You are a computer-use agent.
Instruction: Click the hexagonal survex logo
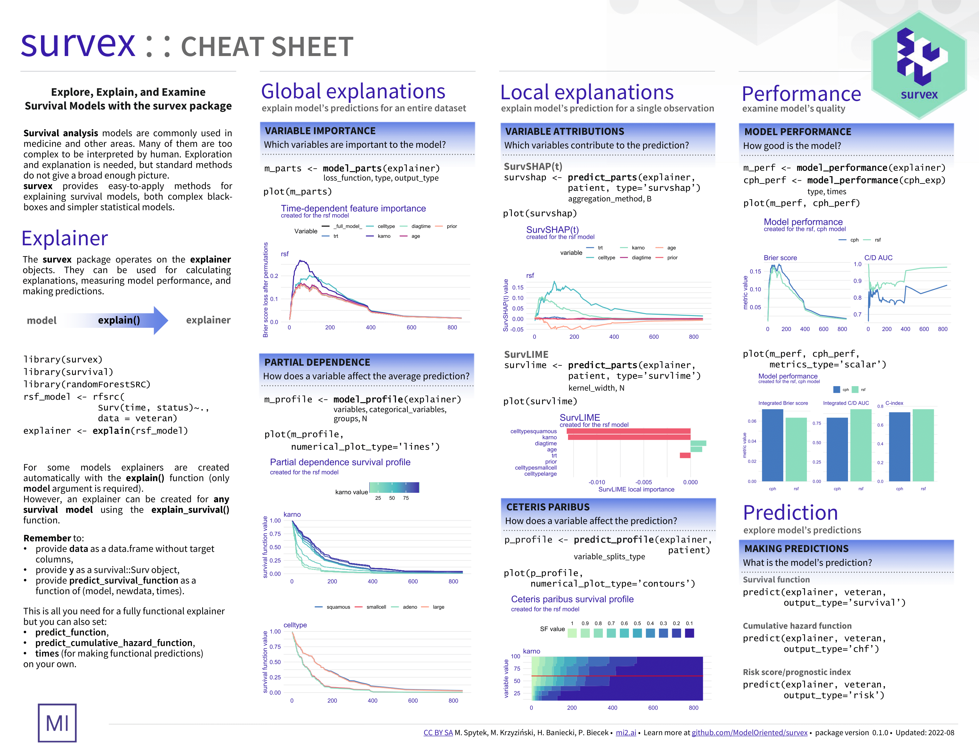(x=919, y=65)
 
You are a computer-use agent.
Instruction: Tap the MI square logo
(x=57, y=722)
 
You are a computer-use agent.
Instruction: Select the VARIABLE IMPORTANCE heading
(x=320, y=131)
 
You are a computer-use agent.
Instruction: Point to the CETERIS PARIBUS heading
(x=548, y=507)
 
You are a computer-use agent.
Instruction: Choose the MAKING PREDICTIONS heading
(x=796, y=549)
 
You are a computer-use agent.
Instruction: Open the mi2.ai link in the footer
(x=626, y=732)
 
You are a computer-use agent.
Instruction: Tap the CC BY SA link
(x=438, y=732)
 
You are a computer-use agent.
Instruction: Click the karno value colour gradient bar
(x=394, y=488)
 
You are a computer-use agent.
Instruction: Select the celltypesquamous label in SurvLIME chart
(x=533, y=431)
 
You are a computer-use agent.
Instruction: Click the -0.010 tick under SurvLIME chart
(x=596, y=482)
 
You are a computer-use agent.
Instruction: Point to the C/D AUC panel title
(x=878, y=258)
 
